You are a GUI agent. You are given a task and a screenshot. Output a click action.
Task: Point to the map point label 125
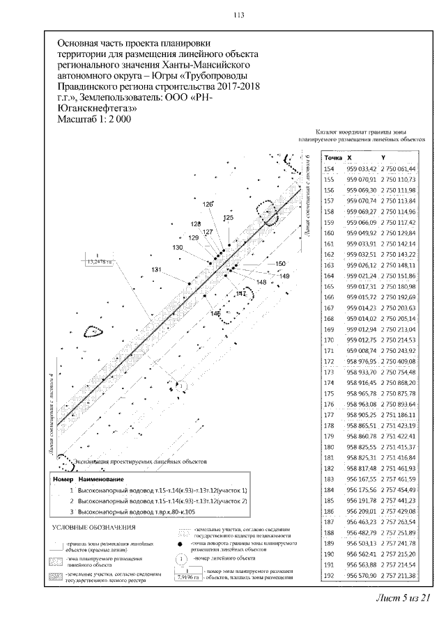[x=227, y=218]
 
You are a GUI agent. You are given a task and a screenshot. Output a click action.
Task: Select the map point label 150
[x=281, y=263]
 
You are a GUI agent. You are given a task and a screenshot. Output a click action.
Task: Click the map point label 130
[x=177, y=248]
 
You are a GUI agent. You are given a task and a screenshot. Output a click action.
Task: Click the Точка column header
[x=334, y=158]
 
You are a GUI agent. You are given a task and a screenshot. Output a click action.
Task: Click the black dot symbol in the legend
[x=180, y=545]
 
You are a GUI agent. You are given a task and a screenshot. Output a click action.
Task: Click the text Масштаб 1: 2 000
[x=95, y=119]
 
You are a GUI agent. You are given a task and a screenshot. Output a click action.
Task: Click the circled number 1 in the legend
[x=179, y=558]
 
